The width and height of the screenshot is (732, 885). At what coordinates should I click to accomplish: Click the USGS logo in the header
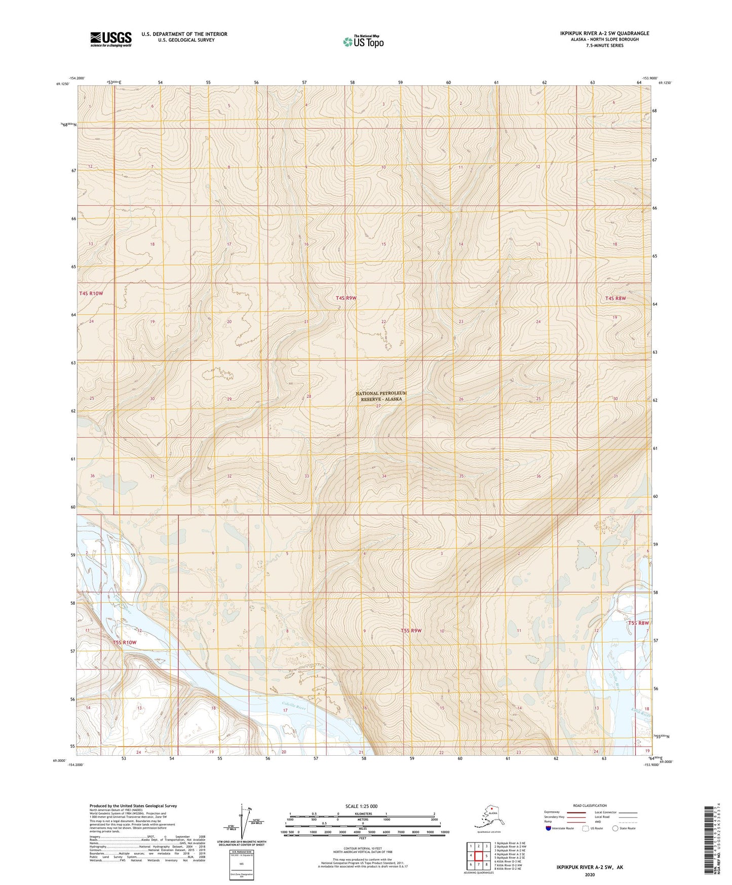111,39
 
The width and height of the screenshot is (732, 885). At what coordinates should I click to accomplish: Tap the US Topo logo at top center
363,42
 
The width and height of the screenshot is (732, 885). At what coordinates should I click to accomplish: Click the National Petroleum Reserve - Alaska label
381,396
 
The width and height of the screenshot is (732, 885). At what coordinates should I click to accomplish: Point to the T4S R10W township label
91,293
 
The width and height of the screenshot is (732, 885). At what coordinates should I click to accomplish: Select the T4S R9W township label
346,298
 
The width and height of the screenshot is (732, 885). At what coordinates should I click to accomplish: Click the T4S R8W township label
615,299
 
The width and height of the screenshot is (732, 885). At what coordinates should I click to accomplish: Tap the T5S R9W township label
411,631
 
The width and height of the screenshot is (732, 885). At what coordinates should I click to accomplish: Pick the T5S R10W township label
125,642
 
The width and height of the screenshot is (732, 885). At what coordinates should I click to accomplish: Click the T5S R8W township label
638,623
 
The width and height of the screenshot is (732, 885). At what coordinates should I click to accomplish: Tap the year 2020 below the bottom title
590,874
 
